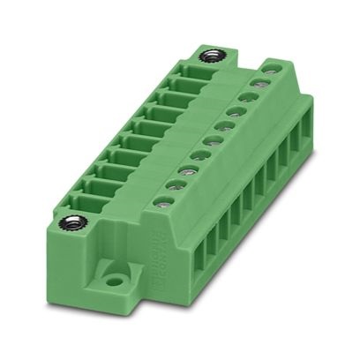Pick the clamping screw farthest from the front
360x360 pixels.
(259, 86)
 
